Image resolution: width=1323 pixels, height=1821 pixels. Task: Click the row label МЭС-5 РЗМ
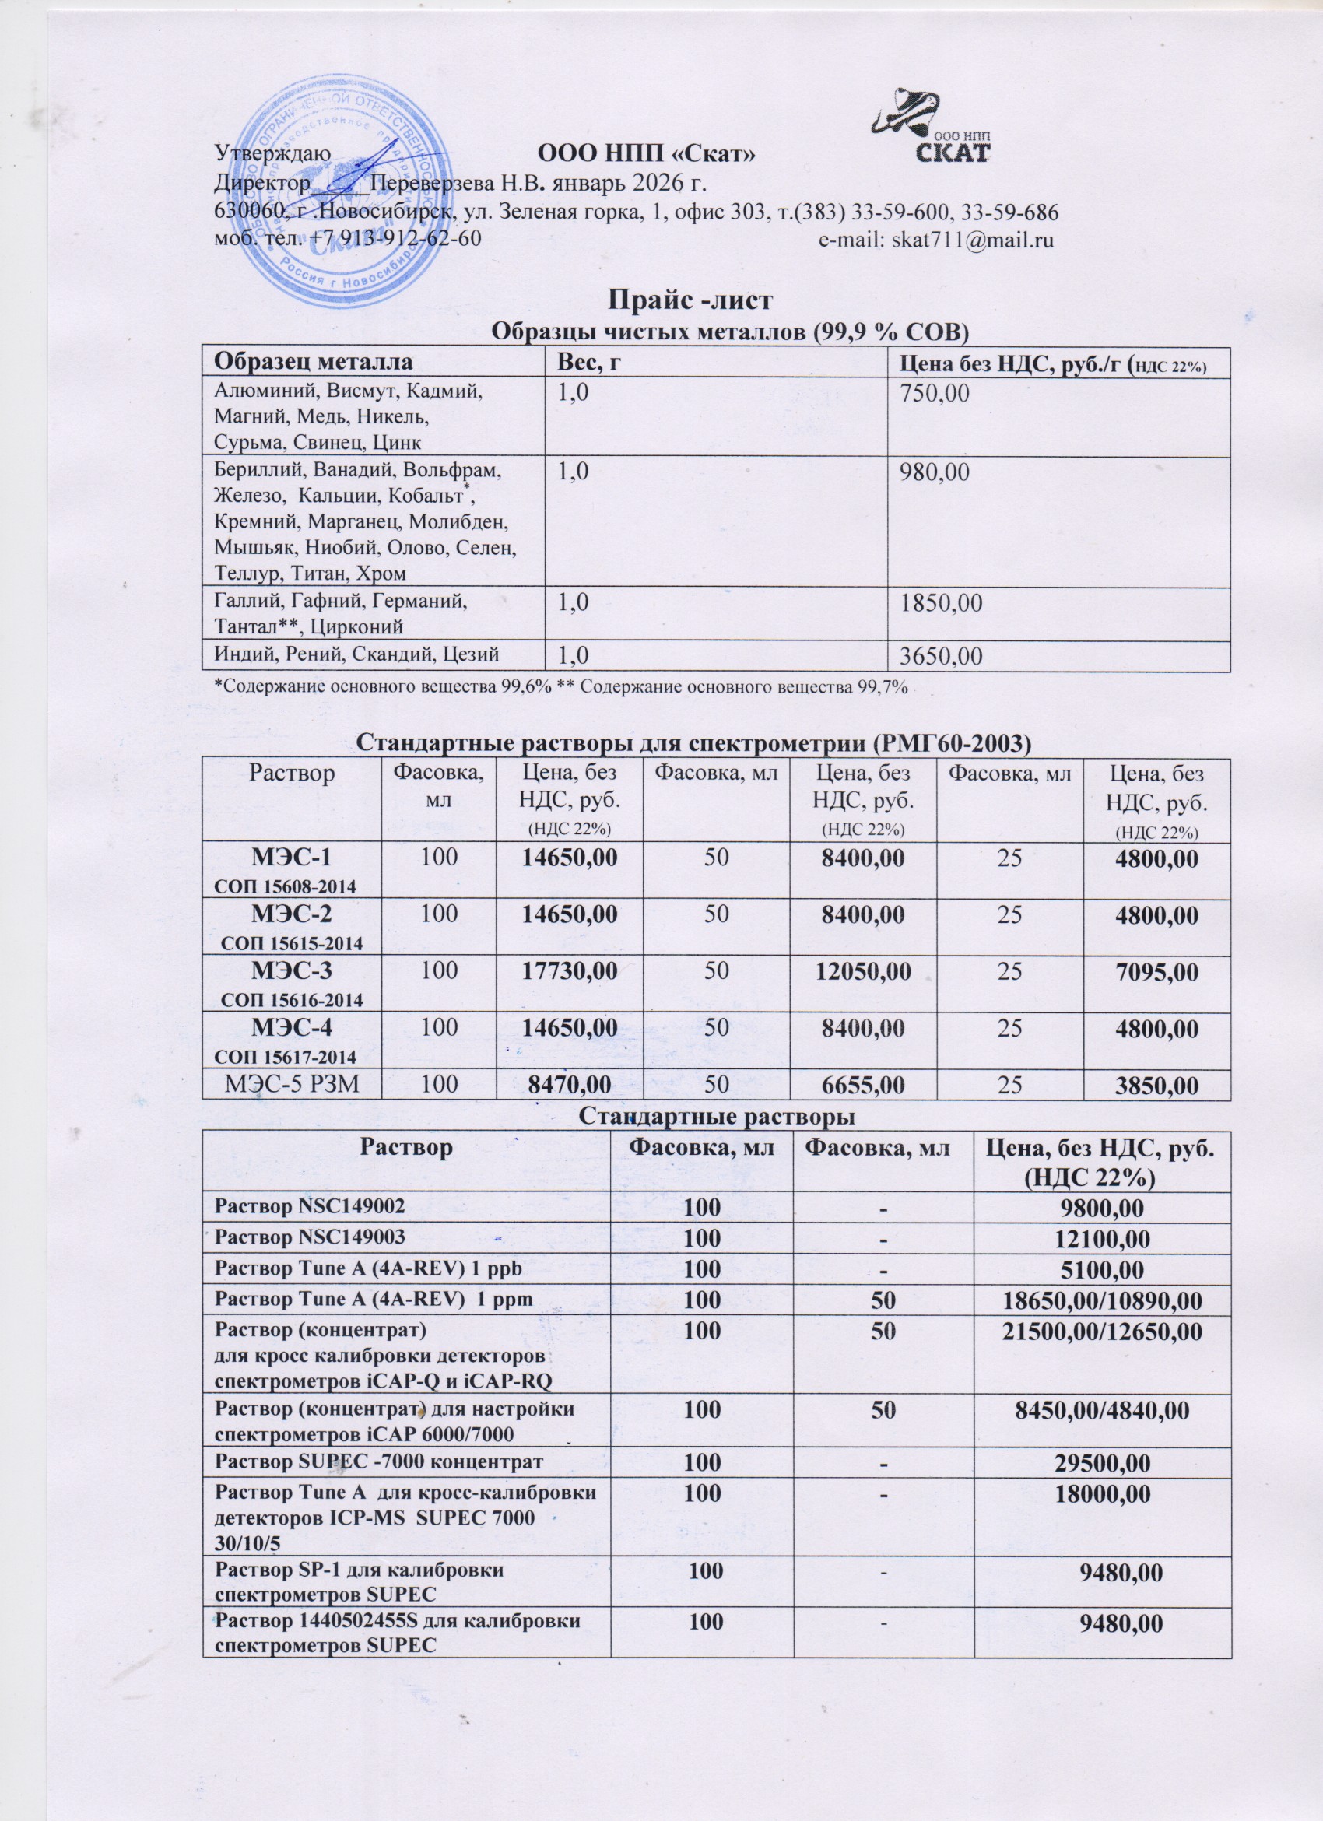pyautogui.click(x=290, y=1086)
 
